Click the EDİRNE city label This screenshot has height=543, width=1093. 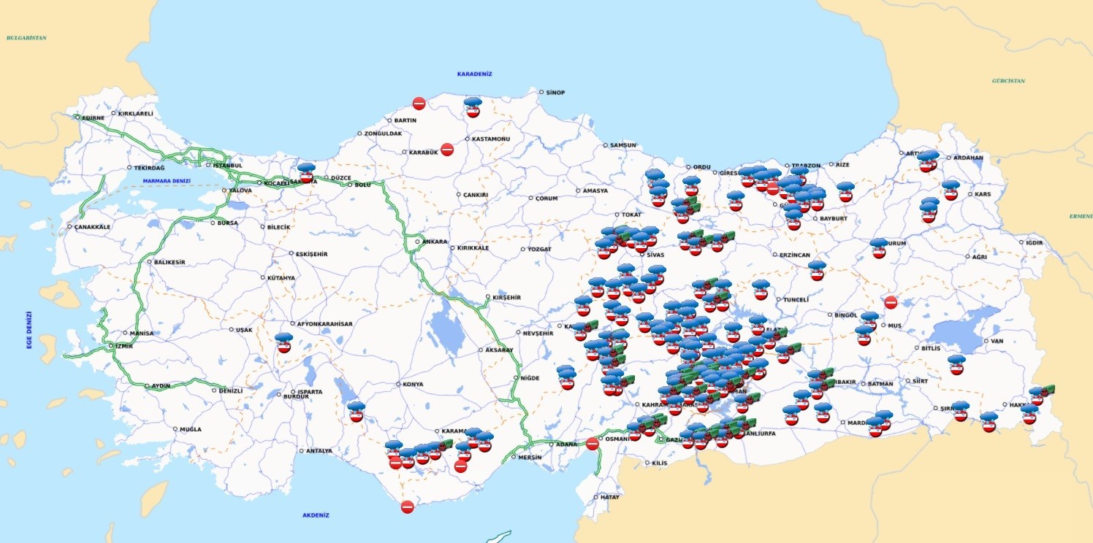93,117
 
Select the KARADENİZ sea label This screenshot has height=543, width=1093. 474,74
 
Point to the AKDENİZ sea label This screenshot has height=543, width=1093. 316,515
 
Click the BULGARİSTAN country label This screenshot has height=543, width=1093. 26,37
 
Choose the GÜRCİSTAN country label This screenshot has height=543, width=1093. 1008,80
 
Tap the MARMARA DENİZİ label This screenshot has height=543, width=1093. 167,180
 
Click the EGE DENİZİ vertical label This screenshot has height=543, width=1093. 29,330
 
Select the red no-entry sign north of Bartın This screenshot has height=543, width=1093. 419,104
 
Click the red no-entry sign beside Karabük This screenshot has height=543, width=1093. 447,149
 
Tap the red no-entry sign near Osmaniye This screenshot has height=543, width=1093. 593,443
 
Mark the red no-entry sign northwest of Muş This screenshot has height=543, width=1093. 891,302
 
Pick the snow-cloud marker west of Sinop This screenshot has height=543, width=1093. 473,108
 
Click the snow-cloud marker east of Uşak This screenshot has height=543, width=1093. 284,343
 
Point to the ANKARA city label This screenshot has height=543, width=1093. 435,242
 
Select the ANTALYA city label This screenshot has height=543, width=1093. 319,451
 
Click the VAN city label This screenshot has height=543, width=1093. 997,341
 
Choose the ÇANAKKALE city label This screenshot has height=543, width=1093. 92,227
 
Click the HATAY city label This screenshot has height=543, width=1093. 609,497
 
